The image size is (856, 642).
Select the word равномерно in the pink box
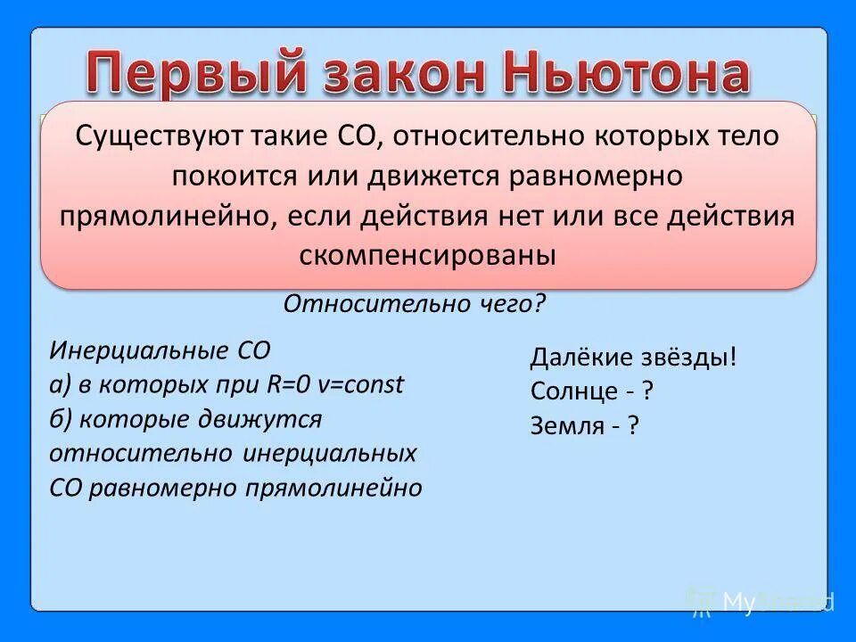click(x=597, y=177)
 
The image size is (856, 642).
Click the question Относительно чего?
click(x=414, y=304)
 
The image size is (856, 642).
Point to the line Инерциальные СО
click(x=160, y=350)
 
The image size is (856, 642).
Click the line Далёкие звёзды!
click(x=634, y=358)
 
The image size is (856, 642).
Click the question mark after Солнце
click(x=648, y=391)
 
